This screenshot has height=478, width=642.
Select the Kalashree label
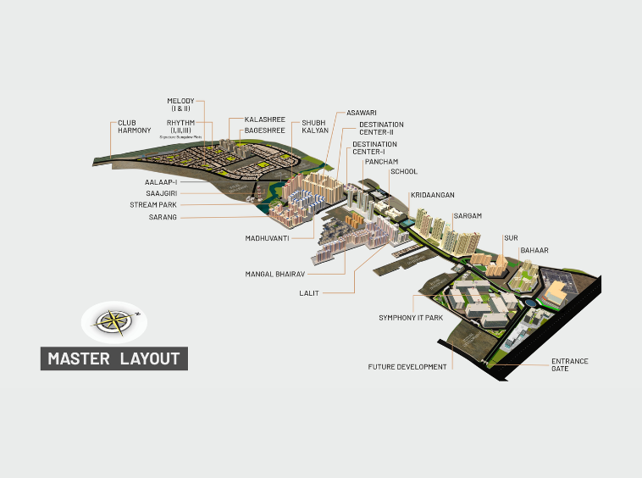pos(264,120)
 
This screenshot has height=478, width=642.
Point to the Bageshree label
pos(266,131)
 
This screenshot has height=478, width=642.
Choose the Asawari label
pos(362,112)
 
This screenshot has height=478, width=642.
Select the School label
pos(403,172)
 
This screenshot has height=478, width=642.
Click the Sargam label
pos(468,216)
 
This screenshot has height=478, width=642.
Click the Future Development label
pos(407,367)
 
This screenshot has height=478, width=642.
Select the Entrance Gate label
pos(569,365)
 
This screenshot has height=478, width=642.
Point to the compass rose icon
pos(113,321)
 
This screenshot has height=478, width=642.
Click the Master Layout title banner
pos(114,358)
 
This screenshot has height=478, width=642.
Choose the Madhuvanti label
pos(268,238)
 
